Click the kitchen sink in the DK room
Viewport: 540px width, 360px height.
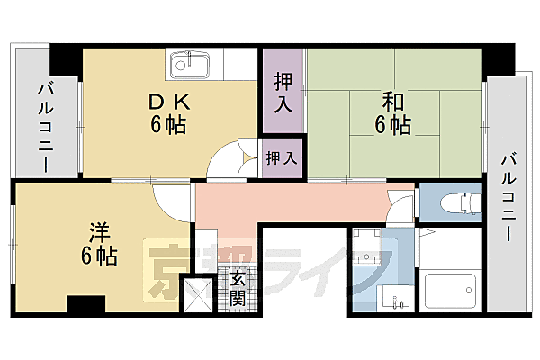[190, 65]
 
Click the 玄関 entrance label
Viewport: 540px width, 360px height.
[237, 287]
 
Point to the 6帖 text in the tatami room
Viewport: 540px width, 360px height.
[392, 125]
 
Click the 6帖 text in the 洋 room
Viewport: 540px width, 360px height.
[99, 256]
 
